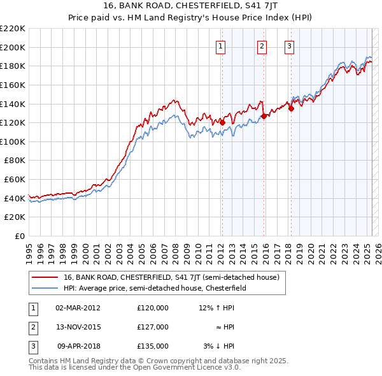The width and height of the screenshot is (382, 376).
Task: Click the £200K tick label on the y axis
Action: pos(13,47)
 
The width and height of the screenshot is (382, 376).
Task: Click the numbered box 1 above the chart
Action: pos(220,45)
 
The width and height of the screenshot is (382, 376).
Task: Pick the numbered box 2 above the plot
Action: pos(262,45)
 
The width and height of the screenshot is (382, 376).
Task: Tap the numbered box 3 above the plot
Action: pos(289,45)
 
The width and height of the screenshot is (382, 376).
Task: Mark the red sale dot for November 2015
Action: pos(264,116)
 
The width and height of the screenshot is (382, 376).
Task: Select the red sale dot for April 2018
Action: pos(291,108)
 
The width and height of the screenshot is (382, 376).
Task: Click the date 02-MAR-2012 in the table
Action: pos(78,308)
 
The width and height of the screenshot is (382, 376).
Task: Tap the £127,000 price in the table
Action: pos(153,327)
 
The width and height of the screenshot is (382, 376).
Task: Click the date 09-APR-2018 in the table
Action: pos(78,346)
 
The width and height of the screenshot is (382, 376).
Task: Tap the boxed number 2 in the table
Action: pos(32,327)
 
